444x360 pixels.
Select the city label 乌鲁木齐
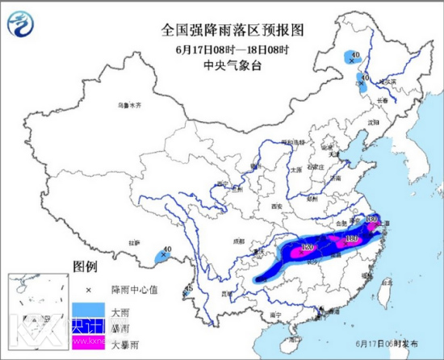tap(128, 106)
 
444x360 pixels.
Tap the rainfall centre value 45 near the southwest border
tap(188, 288)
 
